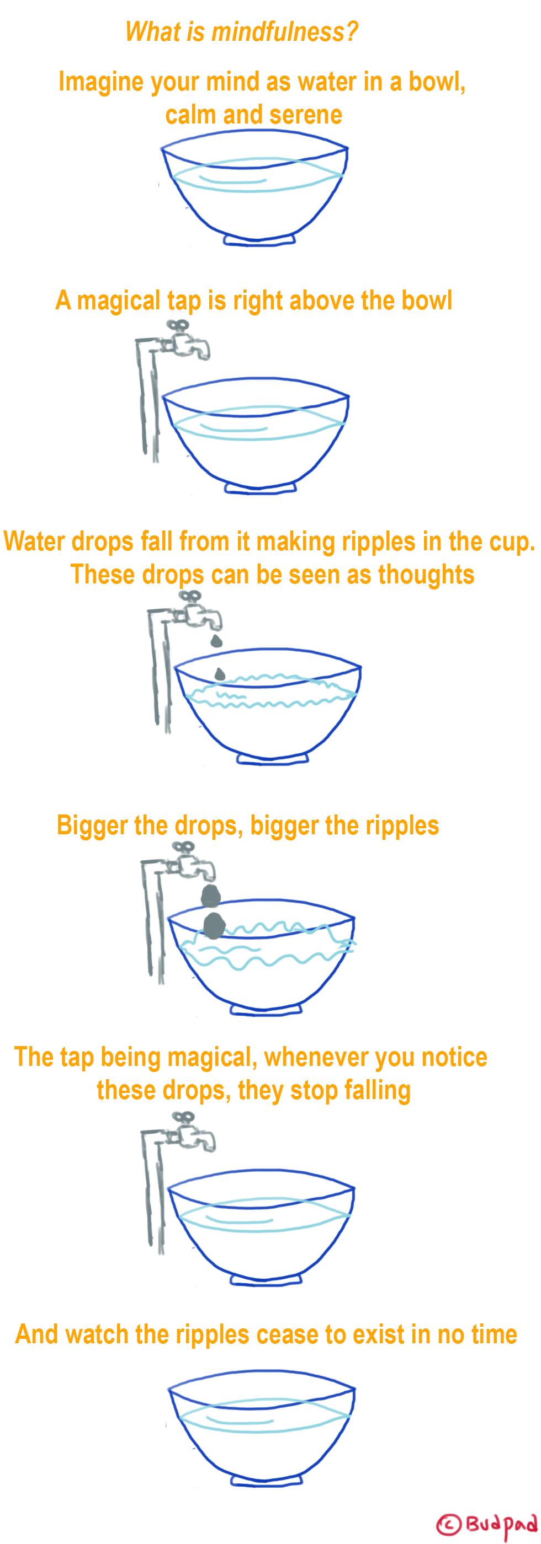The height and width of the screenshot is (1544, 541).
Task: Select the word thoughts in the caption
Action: [426, 574]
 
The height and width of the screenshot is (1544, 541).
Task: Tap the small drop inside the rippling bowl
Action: [220, 673]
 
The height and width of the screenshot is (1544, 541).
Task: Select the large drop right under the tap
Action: [210, 894]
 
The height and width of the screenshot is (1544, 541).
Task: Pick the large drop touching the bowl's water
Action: [213, 925]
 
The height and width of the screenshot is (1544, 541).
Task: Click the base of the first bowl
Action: [259, 239]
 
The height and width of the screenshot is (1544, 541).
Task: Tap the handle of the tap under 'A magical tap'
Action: [177, 325]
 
